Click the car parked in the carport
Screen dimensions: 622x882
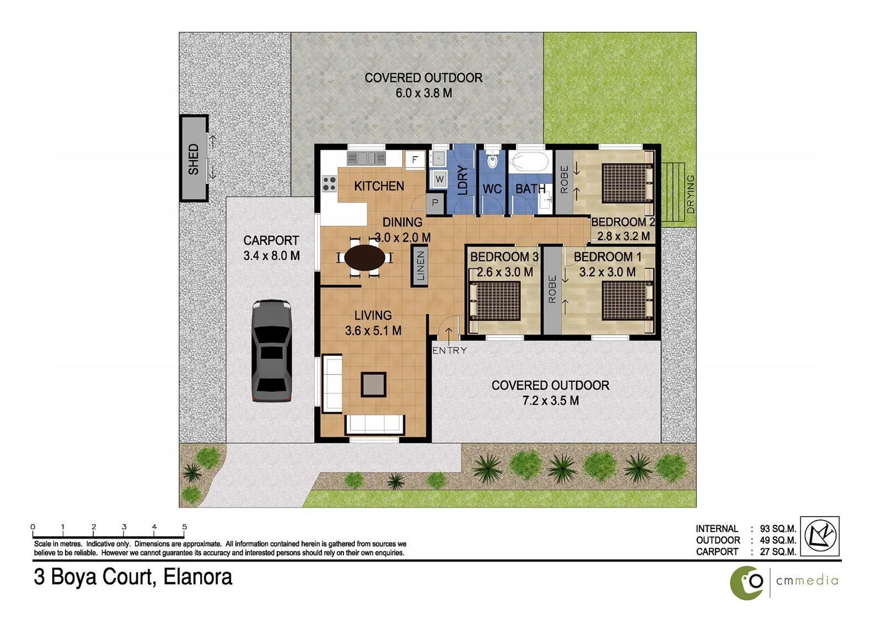[x=272, y=350]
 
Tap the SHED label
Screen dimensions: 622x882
[x=193, y=159]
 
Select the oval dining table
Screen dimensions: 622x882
[x=365, y=257]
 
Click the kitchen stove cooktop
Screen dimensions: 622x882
[x=329, y=184]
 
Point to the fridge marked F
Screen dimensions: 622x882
[x=414, y=160]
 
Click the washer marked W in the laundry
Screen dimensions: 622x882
[x=440, y=179]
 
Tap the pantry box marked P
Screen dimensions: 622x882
[x=435, y=203]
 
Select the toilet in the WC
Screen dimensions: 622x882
[x=492, y=160]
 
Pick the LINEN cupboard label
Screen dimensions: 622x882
[x=421, y=266]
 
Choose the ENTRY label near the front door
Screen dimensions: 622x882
[x=449, y=350]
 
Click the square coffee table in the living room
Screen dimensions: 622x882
[x=373, y=385]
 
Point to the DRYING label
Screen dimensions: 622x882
[x=690, y=194]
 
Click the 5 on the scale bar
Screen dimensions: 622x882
[x=184, y=526]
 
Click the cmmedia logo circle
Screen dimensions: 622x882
[x=747, y=582]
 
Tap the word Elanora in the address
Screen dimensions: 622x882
[x=198, y=577]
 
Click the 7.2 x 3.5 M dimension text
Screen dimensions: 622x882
[x=551, y=401]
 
